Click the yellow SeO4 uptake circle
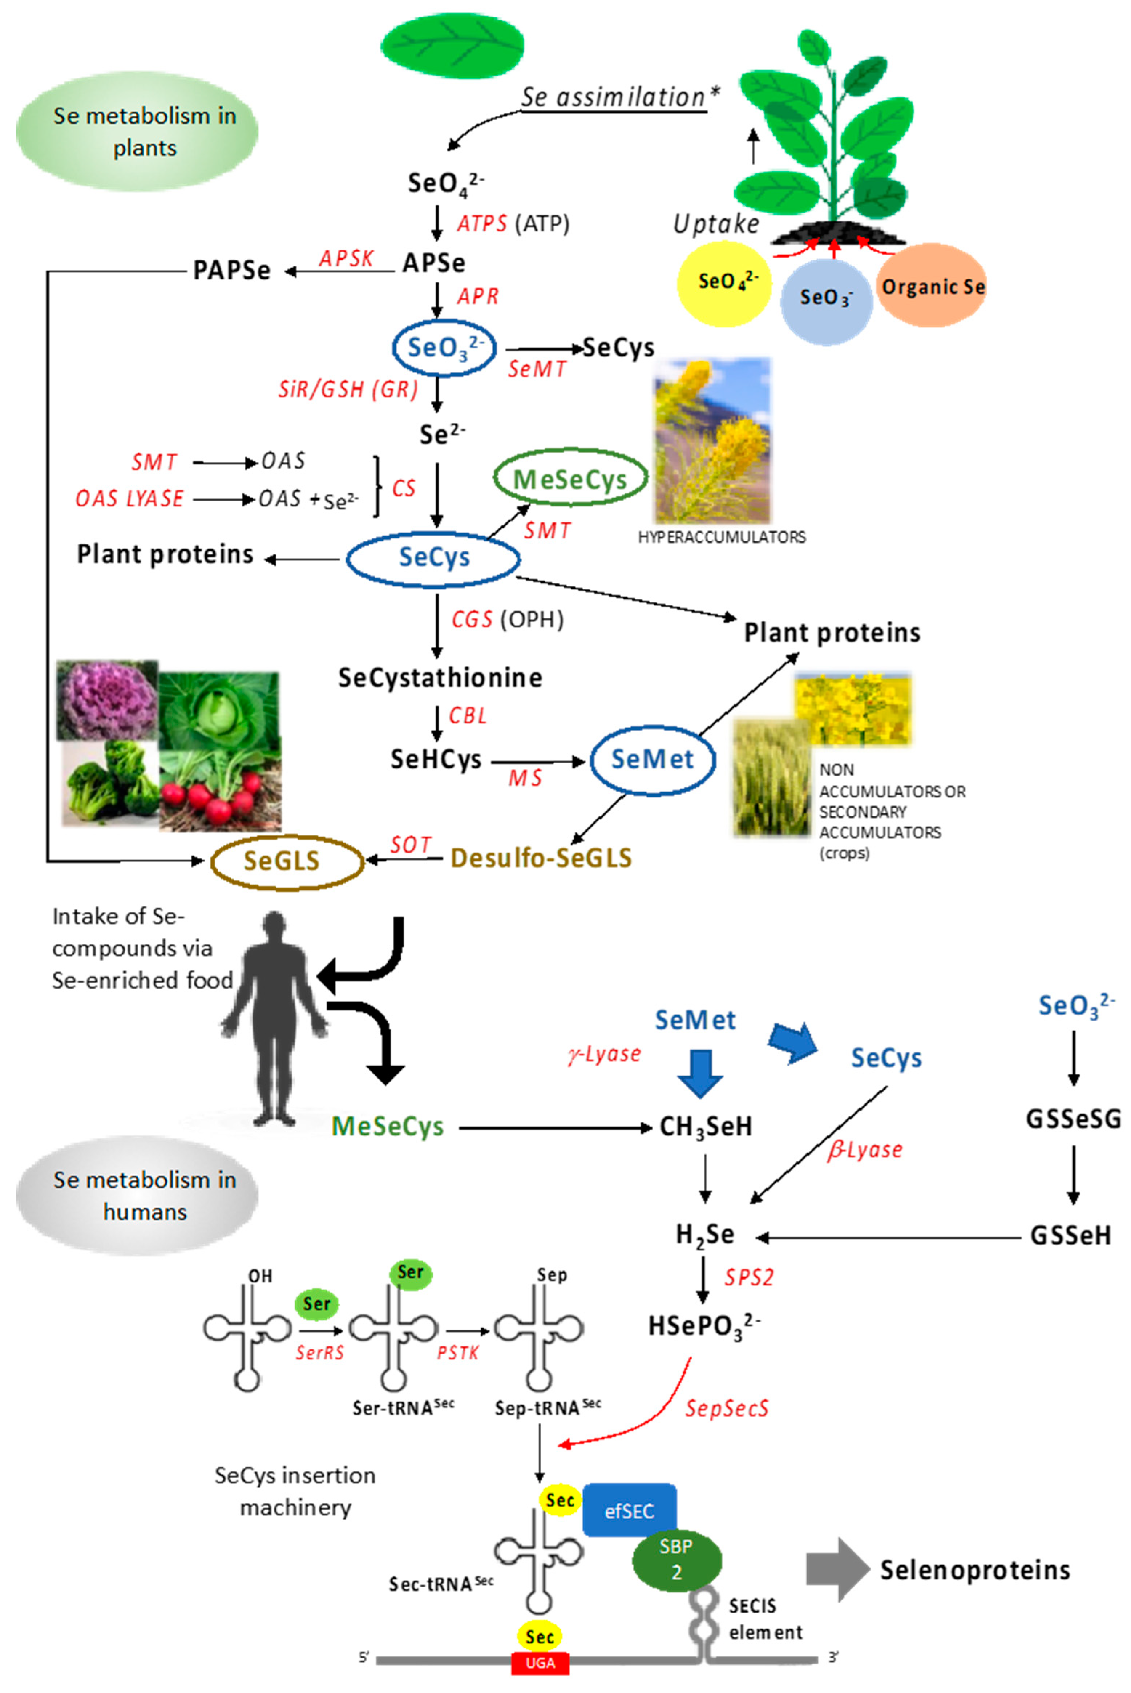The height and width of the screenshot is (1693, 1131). coord(723,283)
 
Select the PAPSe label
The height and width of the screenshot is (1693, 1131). coord(231,271)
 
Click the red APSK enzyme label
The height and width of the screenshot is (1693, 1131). coord(347,259)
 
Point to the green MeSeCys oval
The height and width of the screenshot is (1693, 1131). coord(570,479)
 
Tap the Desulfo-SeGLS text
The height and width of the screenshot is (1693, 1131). coord(541,858)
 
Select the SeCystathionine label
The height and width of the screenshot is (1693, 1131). coord(440,677)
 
